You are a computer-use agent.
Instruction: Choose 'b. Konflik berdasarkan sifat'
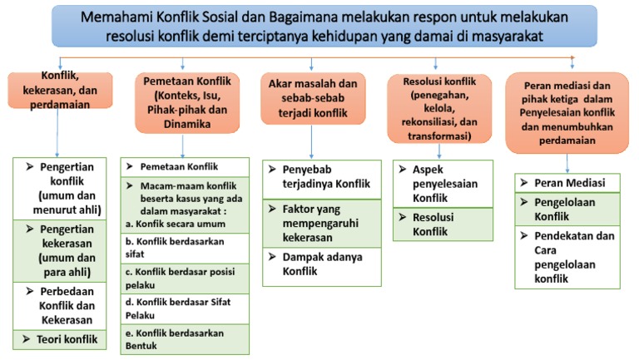[185, 248]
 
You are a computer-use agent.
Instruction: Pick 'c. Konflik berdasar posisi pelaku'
[185, 276]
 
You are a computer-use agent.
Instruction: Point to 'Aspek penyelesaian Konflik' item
[439, 183]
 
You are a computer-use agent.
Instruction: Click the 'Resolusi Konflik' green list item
[439, 224]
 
